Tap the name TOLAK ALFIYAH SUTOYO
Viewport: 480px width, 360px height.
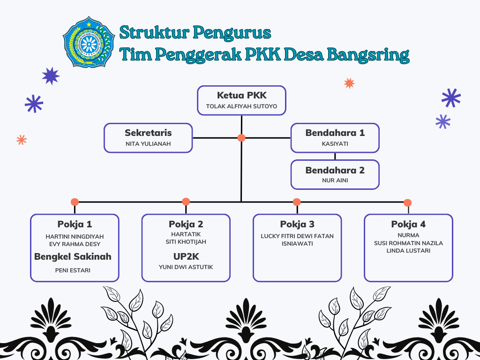click(x=241, y=106)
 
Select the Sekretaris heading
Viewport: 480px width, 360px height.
click(x=148, y=133)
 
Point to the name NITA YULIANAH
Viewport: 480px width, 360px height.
click(x=148, y=144)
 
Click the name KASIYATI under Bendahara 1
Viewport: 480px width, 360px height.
click(x=335, y=144)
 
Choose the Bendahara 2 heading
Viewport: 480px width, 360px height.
click(x=335, y=170)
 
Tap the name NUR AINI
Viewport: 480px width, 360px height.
click(x=335, y=180)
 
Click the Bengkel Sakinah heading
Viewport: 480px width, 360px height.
click(x=73, y=256)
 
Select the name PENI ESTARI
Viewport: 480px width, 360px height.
click(x=73, y=270)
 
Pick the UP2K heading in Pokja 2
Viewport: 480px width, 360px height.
click(x=186, y=256)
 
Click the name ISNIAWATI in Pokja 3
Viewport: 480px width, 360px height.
click(x=297, y=243)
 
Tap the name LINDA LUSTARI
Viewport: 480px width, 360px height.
click(x=408, y=251)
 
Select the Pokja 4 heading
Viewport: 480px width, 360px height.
click(x=408, y=224)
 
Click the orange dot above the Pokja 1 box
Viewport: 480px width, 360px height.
click(x=75, y=202)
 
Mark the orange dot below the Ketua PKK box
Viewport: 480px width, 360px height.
click(x=241, y=138)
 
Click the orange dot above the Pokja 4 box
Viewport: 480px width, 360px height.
click(x=407, y=203)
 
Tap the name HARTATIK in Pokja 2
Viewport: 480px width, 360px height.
click(x=186, y=234)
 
